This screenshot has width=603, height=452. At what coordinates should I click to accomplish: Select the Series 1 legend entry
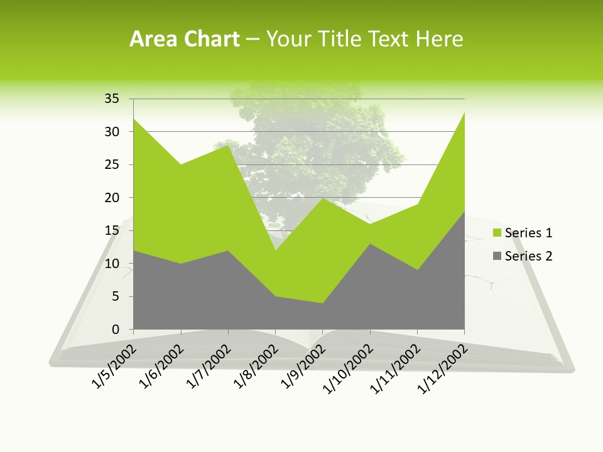coord(528,233)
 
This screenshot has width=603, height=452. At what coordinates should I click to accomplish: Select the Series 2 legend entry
coord(528,256)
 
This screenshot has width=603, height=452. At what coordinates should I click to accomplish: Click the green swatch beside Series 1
coord(497,233)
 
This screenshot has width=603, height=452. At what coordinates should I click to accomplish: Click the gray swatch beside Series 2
coord(497,256)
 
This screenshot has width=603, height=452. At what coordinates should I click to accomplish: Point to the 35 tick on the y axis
coord(112,99)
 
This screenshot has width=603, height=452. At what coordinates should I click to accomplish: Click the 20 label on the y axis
coord(112,198)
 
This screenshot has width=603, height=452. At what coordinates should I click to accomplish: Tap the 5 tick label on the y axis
coord(116,296)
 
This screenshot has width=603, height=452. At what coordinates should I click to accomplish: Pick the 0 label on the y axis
coord(116,330)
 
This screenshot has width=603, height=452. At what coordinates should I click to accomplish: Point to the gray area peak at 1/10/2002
coord(370,244)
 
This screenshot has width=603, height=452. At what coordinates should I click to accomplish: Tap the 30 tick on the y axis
coord(112,132)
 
